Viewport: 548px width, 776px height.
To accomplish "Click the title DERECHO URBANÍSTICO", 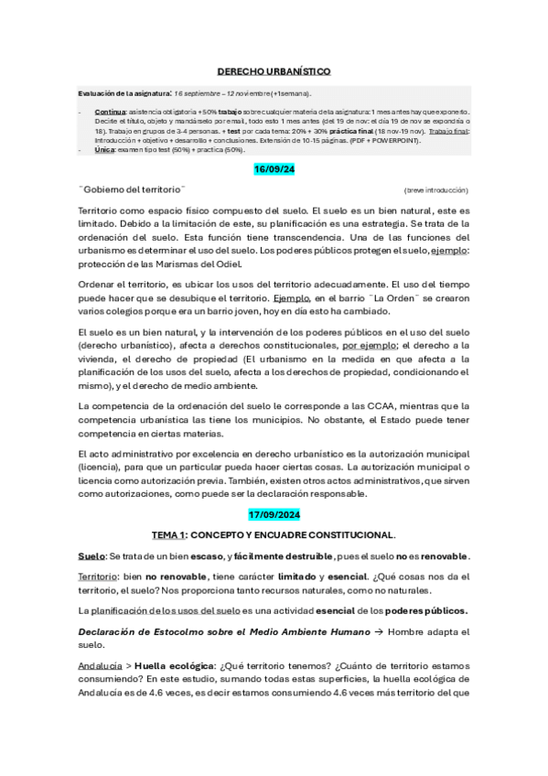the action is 274,70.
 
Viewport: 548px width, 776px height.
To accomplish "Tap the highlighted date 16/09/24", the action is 274,170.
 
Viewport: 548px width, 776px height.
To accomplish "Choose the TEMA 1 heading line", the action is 274,534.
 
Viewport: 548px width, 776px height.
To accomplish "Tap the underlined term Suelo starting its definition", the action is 92,556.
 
